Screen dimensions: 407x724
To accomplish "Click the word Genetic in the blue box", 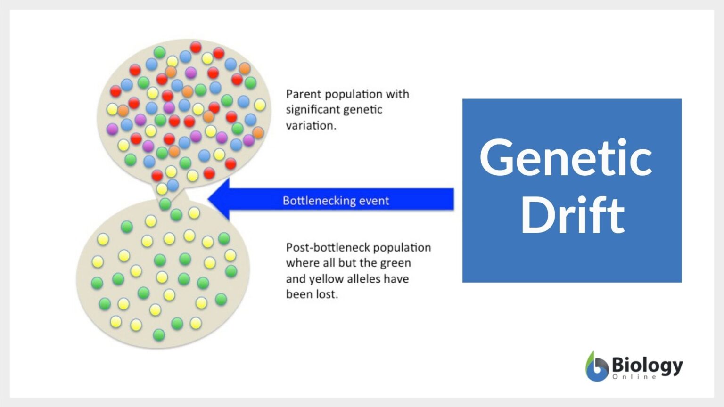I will pyautogui.click(x=566, y=158).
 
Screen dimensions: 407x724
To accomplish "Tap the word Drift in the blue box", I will pyautogui.click(x=572, y=215).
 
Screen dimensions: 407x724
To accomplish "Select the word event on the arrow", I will pyautogui.click(x=374, y=201).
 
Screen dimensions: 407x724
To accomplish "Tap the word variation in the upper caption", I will pyautogui.click(x=310, y=125).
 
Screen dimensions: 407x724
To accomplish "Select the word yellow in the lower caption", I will pyautogui.click(x=326, y=279).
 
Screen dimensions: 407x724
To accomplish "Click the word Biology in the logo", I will pyautogui.click(x=647, y=365).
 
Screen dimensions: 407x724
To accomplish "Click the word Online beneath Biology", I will pyautogui.click(x=634, y=377).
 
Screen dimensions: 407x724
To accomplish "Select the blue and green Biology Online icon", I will pyautogui.click(x=597, y=366).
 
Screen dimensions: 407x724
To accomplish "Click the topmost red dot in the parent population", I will pyautogui.click(x=196, y=47).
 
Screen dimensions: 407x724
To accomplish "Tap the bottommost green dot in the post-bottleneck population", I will pyautogui.click(x=159, y=335).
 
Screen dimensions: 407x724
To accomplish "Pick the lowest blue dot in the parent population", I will pyautogui.click(x=173, y=185).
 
